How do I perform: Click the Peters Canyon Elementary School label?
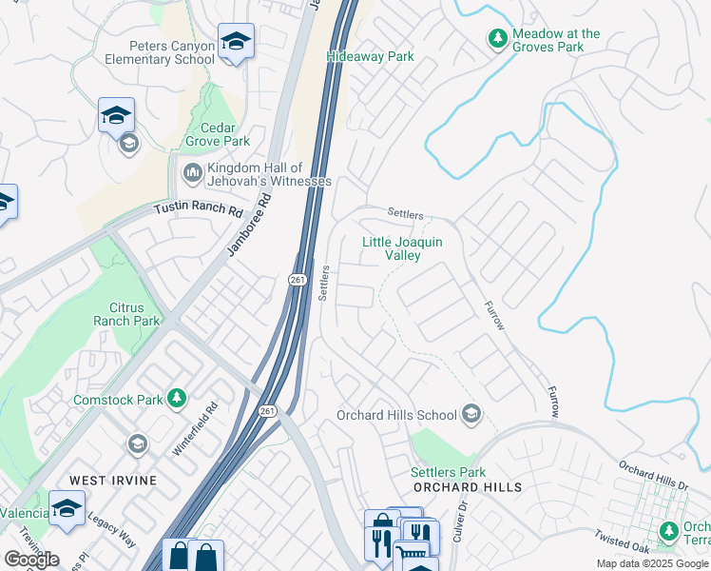172,52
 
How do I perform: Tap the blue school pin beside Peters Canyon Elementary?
236,42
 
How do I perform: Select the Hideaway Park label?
370,56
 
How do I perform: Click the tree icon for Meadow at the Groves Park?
496,39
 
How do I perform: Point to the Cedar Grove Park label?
217,135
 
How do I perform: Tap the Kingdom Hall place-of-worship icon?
190,173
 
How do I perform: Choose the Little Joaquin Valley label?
402,248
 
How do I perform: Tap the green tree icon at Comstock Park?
176,398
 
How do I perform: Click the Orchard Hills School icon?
471,415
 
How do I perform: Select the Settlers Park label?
448,472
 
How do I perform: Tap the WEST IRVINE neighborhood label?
111,480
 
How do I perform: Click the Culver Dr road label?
465,522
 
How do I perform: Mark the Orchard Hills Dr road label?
652,475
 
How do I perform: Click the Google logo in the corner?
31,559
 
